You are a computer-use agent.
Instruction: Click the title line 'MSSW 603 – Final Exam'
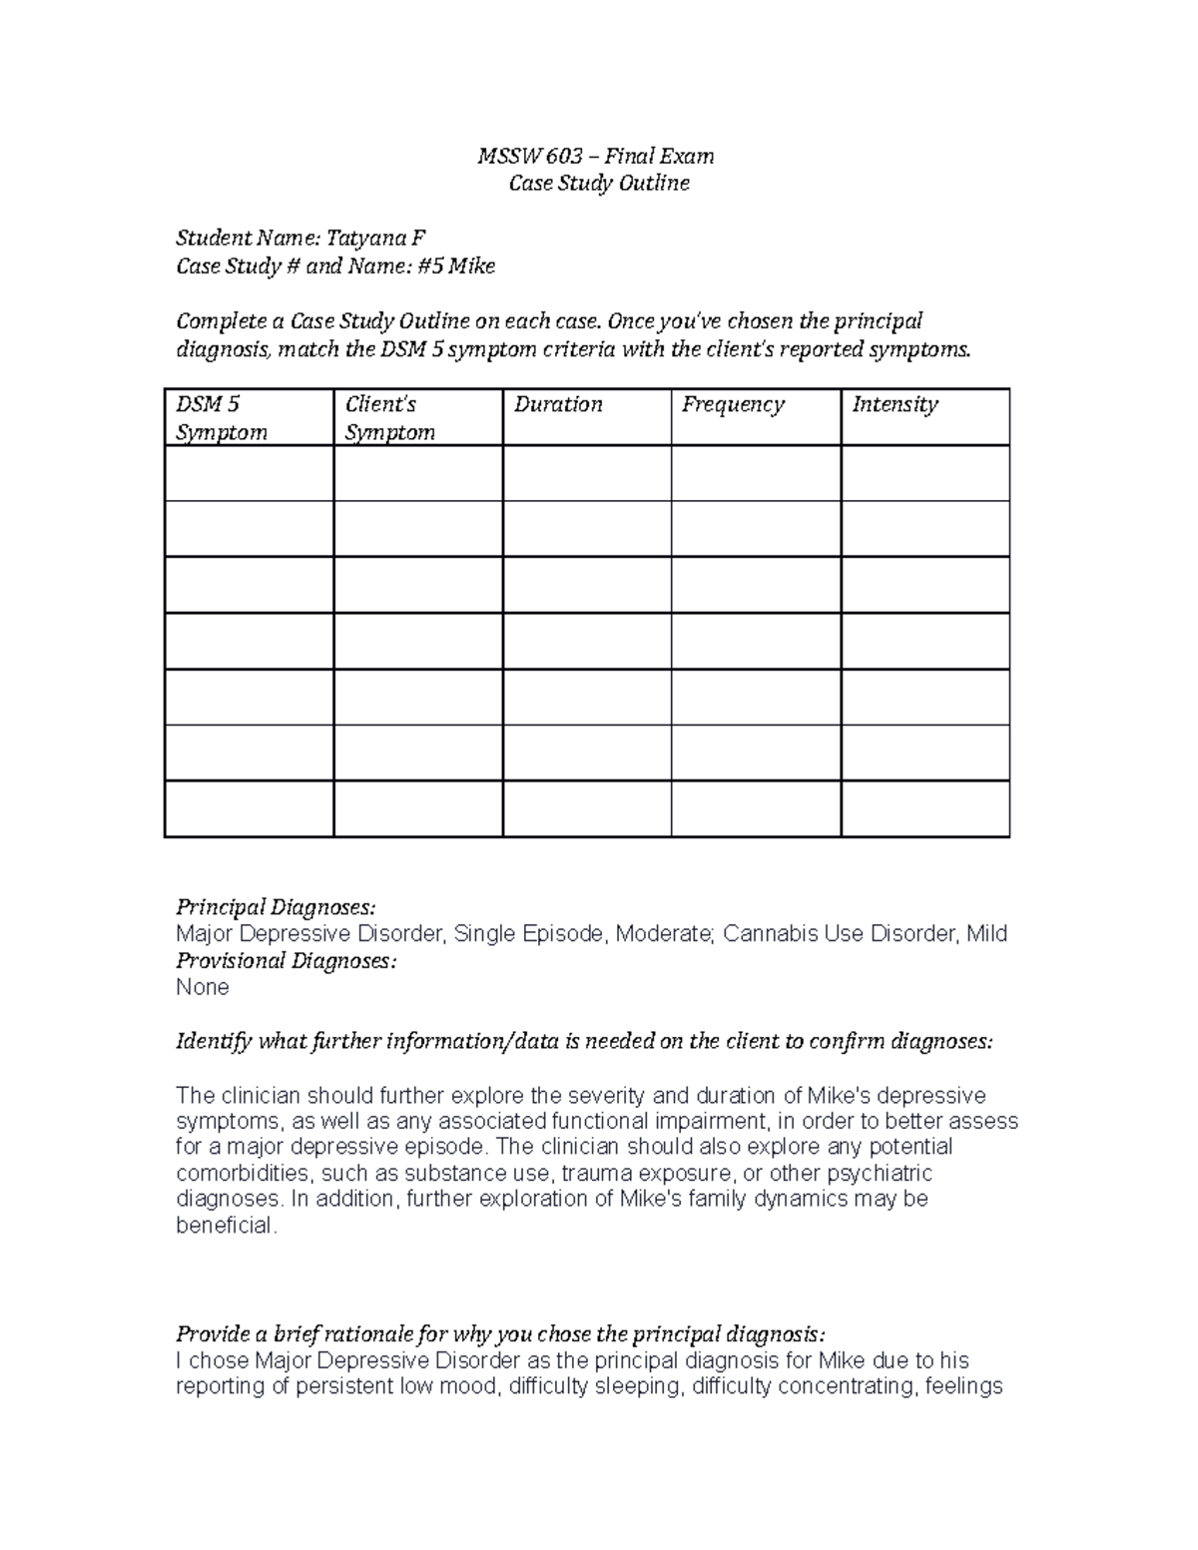[x=596, y=156]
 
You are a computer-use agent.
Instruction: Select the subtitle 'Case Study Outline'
[x=599, y=184]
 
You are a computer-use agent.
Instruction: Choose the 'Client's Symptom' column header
[x=389, y=417]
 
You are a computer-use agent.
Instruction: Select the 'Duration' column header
[x=558, y=404]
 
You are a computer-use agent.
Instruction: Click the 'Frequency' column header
[x=733, y=404]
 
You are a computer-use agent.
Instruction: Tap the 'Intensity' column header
[x=895, y=404]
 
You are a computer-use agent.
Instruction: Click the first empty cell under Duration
[x=586, y=473]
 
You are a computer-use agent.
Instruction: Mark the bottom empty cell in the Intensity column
[x=924, y=808]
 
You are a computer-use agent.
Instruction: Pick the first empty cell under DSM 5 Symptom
[x=249, y=473]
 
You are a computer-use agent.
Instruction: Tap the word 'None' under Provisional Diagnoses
[x=203, y=987]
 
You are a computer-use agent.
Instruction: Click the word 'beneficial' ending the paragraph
[x=224, y=1226]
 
